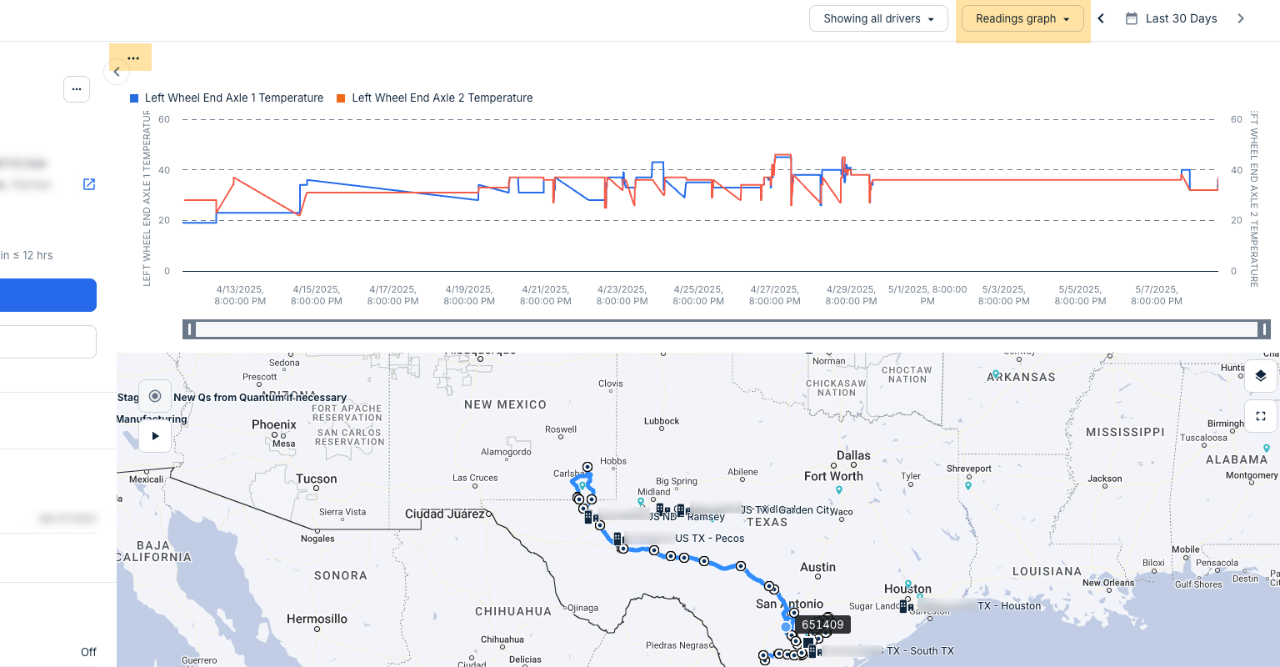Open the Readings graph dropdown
(x=1022, y=18)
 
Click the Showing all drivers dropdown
(x=878, y=18)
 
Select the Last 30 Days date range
(x=1171, y=18)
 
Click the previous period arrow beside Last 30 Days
(x=1101, y=18)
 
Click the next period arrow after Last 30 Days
(x=1241, y=18)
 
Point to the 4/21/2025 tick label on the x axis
(x=546, y=295)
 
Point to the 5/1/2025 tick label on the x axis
(x=927, y=295)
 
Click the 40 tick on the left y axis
(x=164, y=170)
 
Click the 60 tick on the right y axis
(x=1237, y=119)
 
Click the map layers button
(x=1261, y=376)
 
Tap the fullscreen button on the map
(x=1261, y=415)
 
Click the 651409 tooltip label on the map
(x=822, y=624)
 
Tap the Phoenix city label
(x=274, y=424)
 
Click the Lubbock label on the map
(x=662, y=421)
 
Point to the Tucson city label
(x=317, y=479)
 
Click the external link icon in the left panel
(x=89, y=184)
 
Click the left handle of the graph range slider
(x=190, y=329)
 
